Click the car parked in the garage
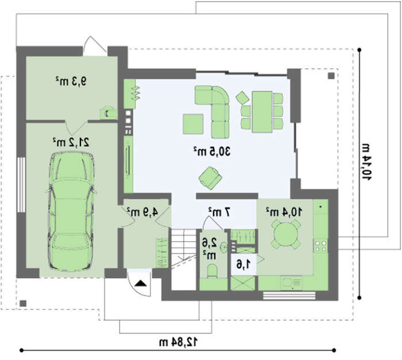[71, 211]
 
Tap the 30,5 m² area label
[212, 151]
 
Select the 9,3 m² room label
[71, 82]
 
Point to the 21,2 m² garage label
[71, 142]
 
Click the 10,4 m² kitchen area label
[284, 212]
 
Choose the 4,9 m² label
[142, 212]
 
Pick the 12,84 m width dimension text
[179, 342]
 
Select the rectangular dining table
[262, 112]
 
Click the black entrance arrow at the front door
[141, 283]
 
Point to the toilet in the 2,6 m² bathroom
[212, 271]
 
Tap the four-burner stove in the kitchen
[320, 245]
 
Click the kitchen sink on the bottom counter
[291, 283]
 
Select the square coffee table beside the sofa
[193, 124]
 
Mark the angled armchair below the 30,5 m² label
[211, 178]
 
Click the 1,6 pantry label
[243, 265]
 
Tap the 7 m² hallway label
[219, 212]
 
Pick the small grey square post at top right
[331, 76]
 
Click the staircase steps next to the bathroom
[184, 245]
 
